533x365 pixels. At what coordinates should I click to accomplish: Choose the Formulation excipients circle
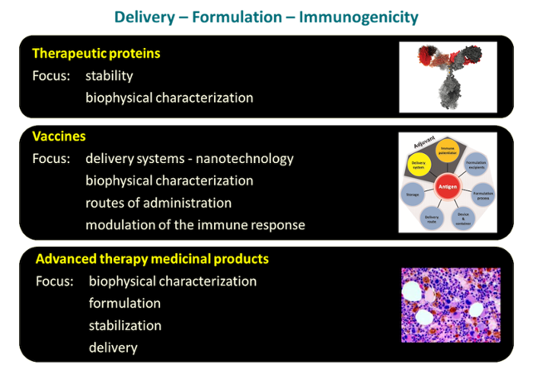pos(477,162)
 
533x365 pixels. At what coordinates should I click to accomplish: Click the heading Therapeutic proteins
pos(96,54)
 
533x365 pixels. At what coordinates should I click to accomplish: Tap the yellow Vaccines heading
pos(59,136)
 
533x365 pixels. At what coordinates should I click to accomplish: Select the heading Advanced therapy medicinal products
pos(152,259)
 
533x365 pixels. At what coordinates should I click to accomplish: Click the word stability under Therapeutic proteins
pos(109,75)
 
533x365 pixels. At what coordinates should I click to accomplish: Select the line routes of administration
pos(158,203)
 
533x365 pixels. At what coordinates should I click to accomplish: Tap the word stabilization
pos(125,325)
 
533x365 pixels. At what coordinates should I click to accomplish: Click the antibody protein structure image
pos(448,75)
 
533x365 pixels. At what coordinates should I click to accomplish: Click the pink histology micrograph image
pos(450,304)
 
